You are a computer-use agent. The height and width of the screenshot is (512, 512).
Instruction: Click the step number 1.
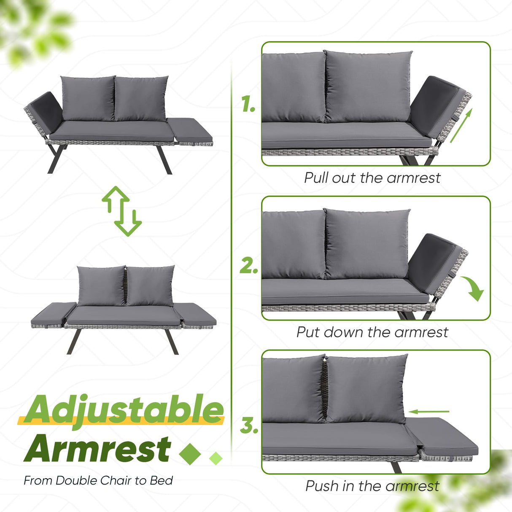tap(248, 104)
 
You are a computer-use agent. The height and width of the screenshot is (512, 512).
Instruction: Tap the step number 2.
tap(249, 266)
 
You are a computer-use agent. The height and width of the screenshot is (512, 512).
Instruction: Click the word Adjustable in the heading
tap(124, 410)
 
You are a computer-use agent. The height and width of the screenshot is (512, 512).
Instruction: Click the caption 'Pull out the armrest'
tap(372, 178)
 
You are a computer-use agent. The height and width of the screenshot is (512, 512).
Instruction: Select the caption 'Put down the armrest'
tap(372, 332)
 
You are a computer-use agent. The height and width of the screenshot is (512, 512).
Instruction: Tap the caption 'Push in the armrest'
tap(372, 486)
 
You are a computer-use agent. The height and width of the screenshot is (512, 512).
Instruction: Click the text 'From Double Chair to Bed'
tap(98, 480)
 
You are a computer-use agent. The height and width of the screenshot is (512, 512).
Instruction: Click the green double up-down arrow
tap(122, 210)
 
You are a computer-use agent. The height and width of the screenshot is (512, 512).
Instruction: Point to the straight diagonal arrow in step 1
tap(461, 125)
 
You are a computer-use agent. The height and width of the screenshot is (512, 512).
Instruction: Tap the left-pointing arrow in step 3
tap(429, 411)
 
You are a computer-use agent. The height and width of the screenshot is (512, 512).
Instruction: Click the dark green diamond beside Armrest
tap(190, 453)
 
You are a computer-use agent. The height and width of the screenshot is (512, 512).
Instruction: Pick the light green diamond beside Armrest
tap(216, 458)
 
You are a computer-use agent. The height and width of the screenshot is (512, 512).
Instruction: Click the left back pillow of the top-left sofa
tap(88, 98)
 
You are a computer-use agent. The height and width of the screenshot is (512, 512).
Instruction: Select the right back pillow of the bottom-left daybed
tap(150, 286)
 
